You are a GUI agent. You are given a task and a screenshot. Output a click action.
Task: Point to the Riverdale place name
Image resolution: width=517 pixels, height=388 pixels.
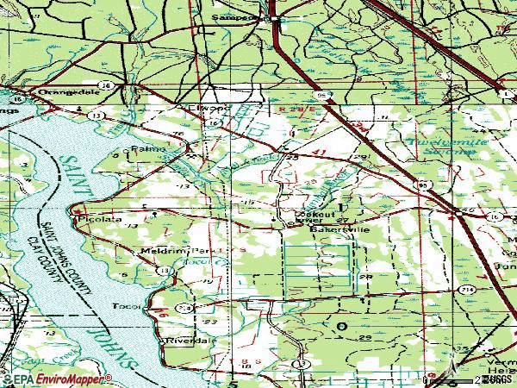click(189, 340)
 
